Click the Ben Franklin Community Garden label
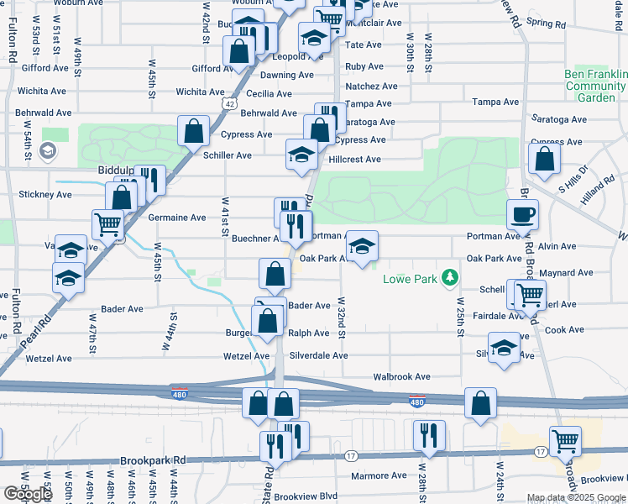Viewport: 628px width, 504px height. click(x=595, y=86)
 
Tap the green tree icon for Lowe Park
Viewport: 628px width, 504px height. click(x=451, y=276)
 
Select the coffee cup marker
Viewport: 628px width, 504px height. click(x=523, y=215)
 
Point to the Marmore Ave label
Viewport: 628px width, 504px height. click(x=379, y=475)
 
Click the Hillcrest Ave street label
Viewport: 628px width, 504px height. click(x=354, y=159)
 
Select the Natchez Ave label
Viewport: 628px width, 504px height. click(x=371, y=86)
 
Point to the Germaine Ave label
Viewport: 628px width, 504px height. click(x=177, y=218)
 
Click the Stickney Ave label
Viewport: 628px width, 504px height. click(x=44, y=194)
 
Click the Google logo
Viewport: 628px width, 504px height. click(x=28, y=494)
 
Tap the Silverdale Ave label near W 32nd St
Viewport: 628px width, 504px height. click(x=319, y=355)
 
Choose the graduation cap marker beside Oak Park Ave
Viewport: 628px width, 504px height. click(x=362, y=247)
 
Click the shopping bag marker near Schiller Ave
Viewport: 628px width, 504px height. click(x=194, y=131)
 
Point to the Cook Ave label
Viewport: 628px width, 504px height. click(x=558, y=330)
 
